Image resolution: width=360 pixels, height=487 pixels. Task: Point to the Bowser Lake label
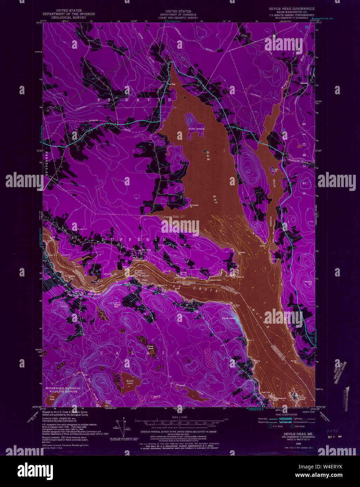127,381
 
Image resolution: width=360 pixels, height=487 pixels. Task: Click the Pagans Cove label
171,217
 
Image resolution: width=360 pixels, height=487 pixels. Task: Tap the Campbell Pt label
194,206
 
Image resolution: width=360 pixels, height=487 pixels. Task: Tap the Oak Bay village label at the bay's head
171,84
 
